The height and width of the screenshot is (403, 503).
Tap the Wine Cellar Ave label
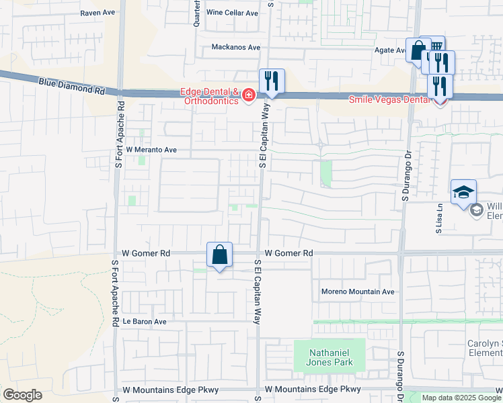tap(232, 13)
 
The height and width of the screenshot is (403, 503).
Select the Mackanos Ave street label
tap(235, 47)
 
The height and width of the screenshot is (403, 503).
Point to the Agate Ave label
tap(389, 50)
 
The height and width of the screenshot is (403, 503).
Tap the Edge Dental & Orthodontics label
tap(208, 96)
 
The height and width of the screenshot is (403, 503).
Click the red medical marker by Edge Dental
tap(249, 96)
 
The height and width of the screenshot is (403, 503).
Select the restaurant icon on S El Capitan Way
tap(272, 81)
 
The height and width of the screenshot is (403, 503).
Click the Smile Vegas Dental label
tap(389, 99)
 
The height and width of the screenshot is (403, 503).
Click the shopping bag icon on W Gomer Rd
tap(220, 255)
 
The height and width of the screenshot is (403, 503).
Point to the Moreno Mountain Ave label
tap(357, 292)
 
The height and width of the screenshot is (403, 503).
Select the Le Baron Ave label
tap(144, 322)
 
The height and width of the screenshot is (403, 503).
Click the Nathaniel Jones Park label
tap(330, 357)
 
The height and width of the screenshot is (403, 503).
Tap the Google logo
tap(22, 395)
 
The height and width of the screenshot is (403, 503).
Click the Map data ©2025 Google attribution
tap(461, 398)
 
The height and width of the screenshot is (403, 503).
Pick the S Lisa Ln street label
tap(438, 219)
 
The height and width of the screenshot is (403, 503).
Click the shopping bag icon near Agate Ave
tap(418, 50)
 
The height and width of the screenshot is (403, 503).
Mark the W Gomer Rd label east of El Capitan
tap(289, 253)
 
